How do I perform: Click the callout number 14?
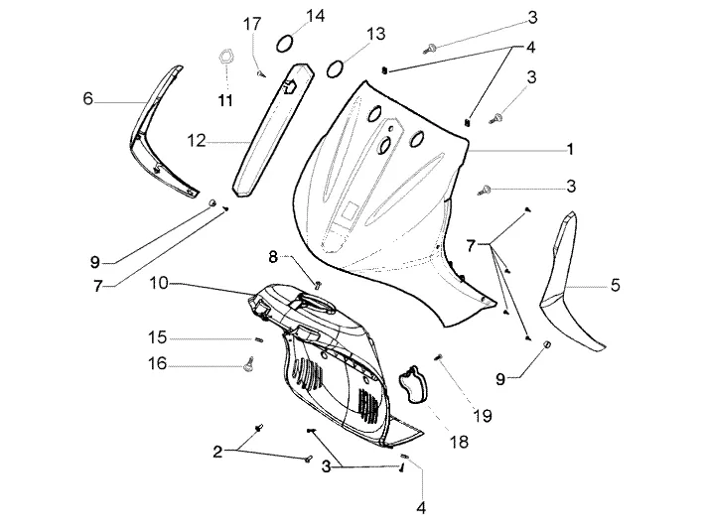click(x=315, y=16)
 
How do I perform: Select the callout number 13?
click(x=375, y=34)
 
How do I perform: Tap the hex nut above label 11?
click(x=225, y=57)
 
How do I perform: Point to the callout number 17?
click(x=252, y=24)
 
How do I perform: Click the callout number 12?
click(x=196, y=141)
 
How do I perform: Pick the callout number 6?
click(x=87, y=98)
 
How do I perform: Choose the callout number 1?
click(x=570, y=149)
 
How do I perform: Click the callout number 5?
click(x=615, y=285)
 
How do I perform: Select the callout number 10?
click(x=159, y=283)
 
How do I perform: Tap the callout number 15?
click(x=157, y=337)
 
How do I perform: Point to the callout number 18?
click(x=459, y=442)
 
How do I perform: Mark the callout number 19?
click(x=482, y=416)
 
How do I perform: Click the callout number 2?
click(x=217, y=452)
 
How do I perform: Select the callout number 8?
click(x=273, y=257)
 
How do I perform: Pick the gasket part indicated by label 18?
click(x=412, y=386)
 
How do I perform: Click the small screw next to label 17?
click(x=261, y=73)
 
